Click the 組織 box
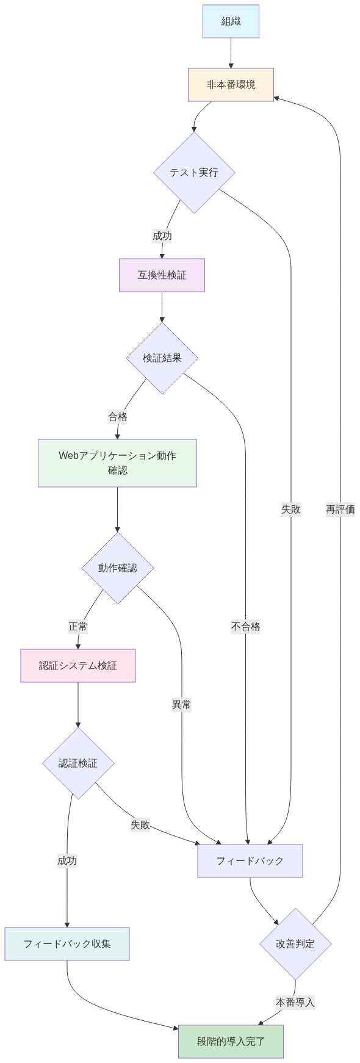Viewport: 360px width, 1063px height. pos(231,21)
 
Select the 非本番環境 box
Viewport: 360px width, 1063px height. pos(231,85)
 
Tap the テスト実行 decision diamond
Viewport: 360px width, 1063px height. pos(194,173)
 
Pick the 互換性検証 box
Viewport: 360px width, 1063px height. pos(162,275)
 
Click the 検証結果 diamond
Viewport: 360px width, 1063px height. pos(162,358)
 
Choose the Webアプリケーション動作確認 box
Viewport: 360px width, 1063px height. pos(117,463)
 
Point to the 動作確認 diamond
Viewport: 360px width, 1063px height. pos(117,568)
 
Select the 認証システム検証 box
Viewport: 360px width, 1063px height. pos(78,666)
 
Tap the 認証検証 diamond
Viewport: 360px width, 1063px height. pos(78,763)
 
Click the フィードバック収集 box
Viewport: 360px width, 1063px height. pos(67,944)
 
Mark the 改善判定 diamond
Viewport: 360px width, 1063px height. pos(295,944)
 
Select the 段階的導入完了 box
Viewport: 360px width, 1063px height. pos(231,1042)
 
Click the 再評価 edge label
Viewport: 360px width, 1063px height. pos(340,510)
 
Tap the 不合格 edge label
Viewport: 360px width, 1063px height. pos(246,627)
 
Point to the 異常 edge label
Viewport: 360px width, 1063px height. pos(182,705)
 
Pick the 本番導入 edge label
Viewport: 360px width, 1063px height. pos(295,1002)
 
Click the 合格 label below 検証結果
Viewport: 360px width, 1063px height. pos(118,417)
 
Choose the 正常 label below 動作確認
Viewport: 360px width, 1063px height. pos(78,627)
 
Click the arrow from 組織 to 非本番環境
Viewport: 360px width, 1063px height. pos(231,53)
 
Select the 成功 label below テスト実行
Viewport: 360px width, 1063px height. pos(162,236)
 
